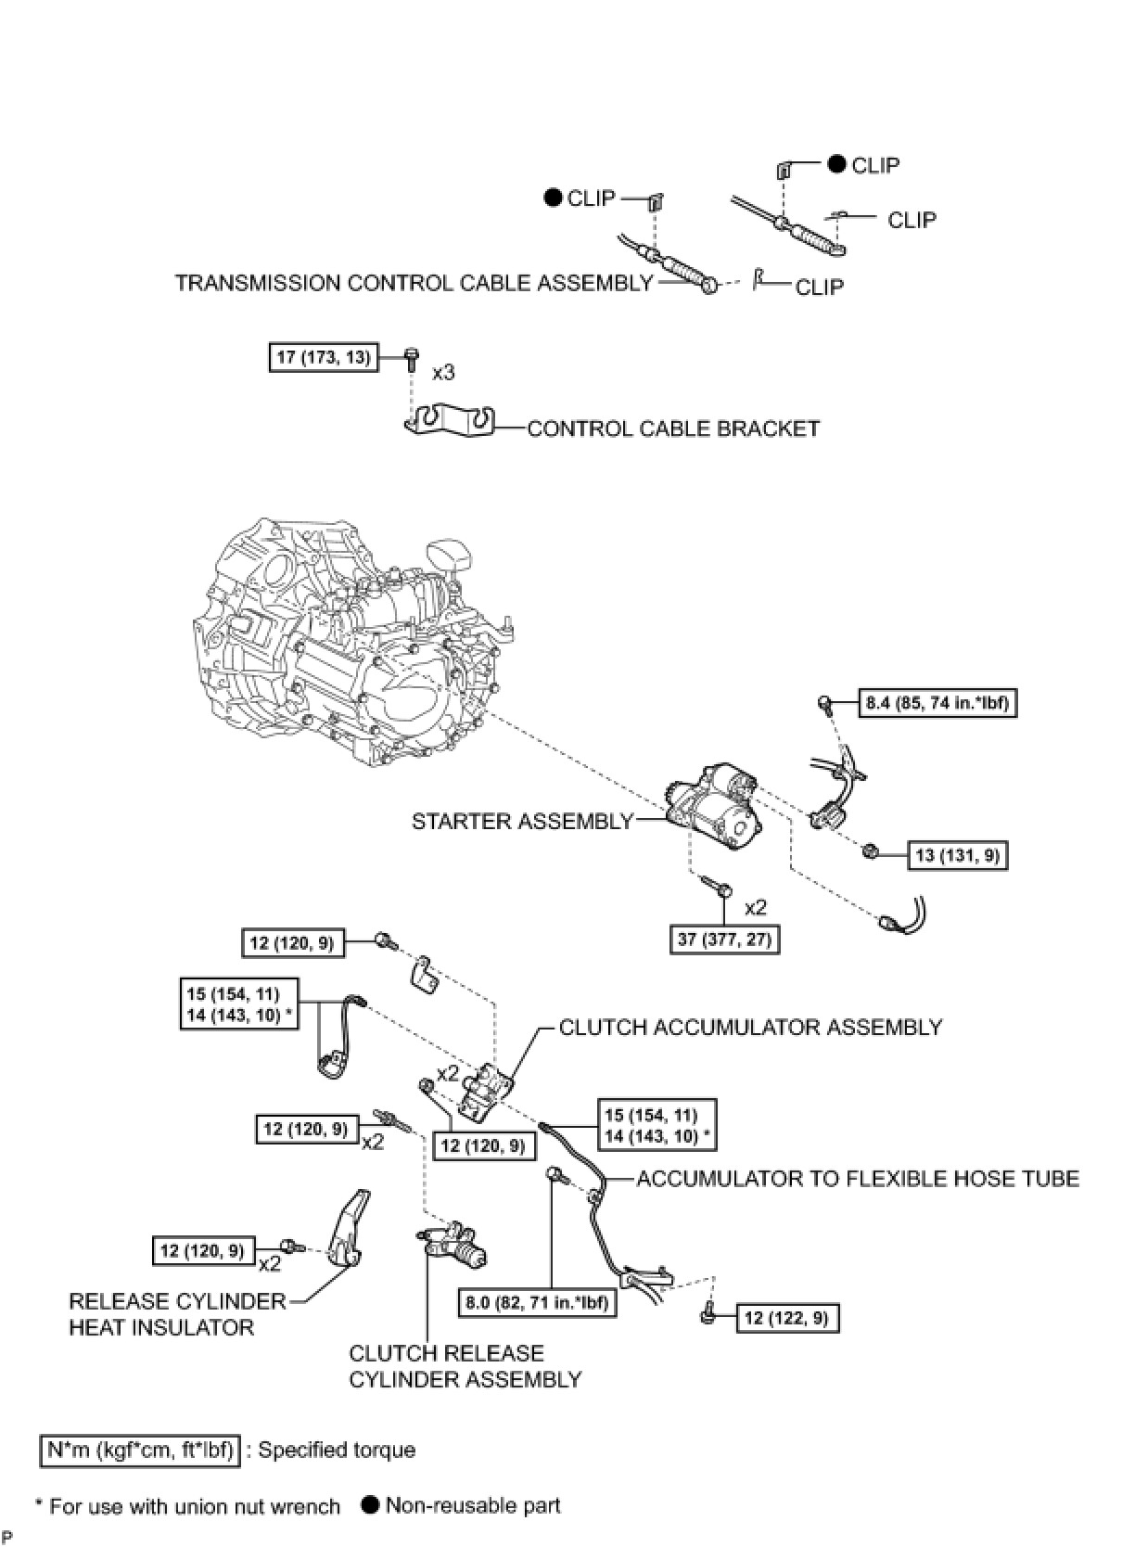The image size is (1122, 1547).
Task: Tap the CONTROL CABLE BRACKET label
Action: (x=673, y=428)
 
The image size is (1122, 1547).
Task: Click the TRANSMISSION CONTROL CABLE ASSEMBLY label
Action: (x=414, y=283)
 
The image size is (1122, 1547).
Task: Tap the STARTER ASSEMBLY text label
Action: (x=522, y=821)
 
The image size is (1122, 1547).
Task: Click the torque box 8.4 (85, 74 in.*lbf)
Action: (x=937, y=703)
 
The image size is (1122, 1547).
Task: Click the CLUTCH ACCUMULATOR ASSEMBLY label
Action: (x=750, y=1028)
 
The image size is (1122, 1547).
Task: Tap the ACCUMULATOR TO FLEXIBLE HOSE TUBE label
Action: (x=858, y=1179)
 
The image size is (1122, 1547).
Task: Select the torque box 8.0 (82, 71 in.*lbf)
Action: (x=538, y=1302)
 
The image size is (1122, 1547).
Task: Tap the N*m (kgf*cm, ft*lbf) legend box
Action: (x=140, y=1451)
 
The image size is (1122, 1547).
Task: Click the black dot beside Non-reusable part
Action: (x=370, y=1504)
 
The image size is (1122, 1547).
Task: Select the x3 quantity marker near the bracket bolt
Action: (x=443, y=372)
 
